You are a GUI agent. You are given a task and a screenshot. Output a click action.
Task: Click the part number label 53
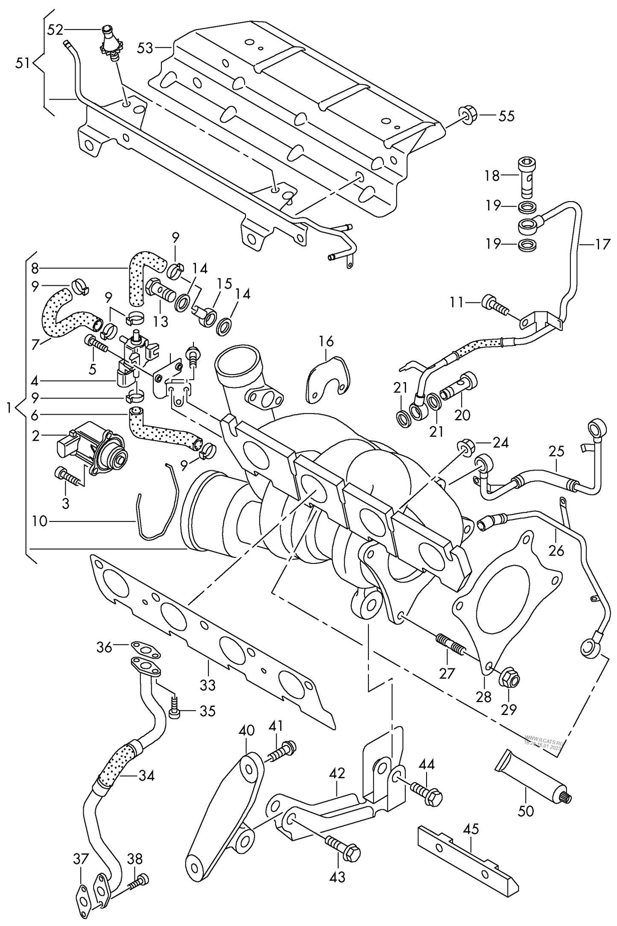coord(145,48)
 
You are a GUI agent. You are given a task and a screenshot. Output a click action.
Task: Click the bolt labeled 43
coord(344,848)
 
